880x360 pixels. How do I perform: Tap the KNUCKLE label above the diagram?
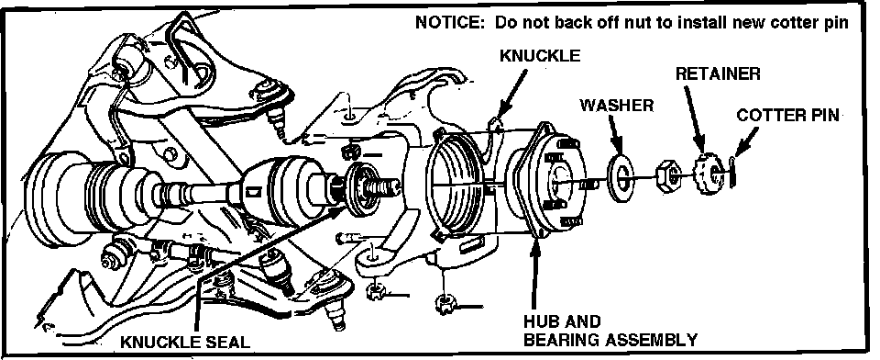pos(540,55)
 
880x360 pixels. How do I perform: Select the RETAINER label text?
pos(718,73)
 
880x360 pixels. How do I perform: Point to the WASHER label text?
pos(616,106)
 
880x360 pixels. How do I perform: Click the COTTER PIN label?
pos(787,115)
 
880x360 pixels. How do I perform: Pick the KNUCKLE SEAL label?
pos(185,342)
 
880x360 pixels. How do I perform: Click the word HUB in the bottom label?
pos(540,321)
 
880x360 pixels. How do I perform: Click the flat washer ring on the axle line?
pos(621,179)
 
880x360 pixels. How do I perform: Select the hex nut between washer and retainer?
pos(668,176)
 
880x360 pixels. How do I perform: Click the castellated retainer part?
pos(709,174)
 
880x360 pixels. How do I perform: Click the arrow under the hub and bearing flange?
pos(535,274)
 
